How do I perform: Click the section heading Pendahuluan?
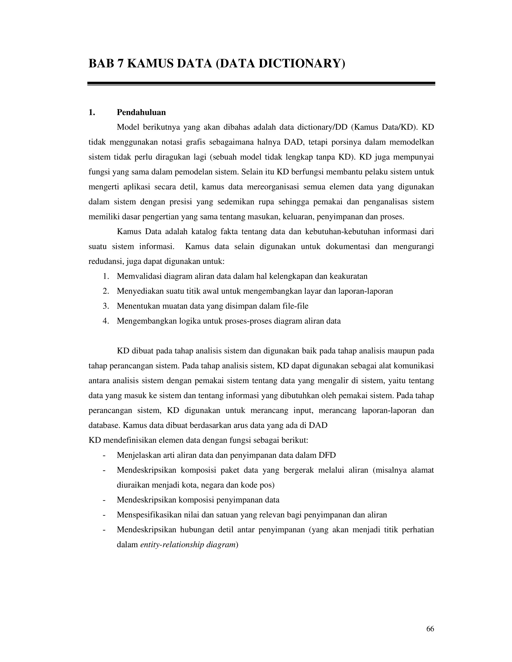141,112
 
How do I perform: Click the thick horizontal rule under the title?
261,83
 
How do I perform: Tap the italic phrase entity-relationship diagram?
188,544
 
